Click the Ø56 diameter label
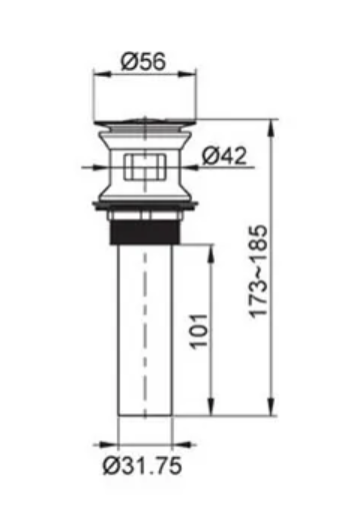[x=143, y=62]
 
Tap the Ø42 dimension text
[x=224, y=156]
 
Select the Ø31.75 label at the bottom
[x=142, y=466]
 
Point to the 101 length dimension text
[x=199, y=331]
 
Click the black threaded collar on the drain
[x=145, y=232]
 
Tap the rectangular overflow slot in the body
[x=145, y=167]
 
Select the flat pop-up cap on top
[x=145, y=121]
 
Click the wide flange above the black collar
[x=145, y=205]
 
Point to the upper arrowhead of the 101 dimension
[x=211, y=254]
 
